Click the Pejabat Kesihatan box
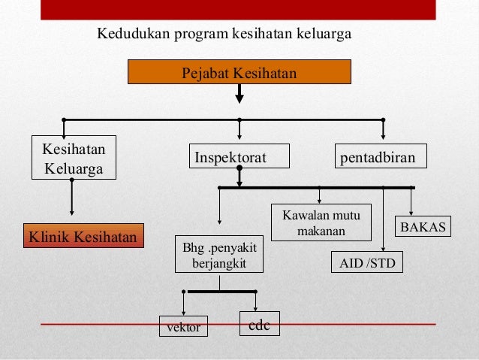[239, 72]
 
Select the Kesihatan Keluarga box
[69, 158]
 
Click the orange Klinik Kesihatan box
[83, 238]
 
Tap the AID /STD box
[366, 263]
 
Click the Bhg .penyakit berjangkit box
[218, 255]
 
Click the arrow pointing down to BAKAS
[411, 203]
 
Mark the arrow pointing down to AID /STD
[383, 222]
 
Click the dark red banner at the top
[239, 9]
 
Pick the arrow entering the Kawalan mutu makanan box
[321, 195]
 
